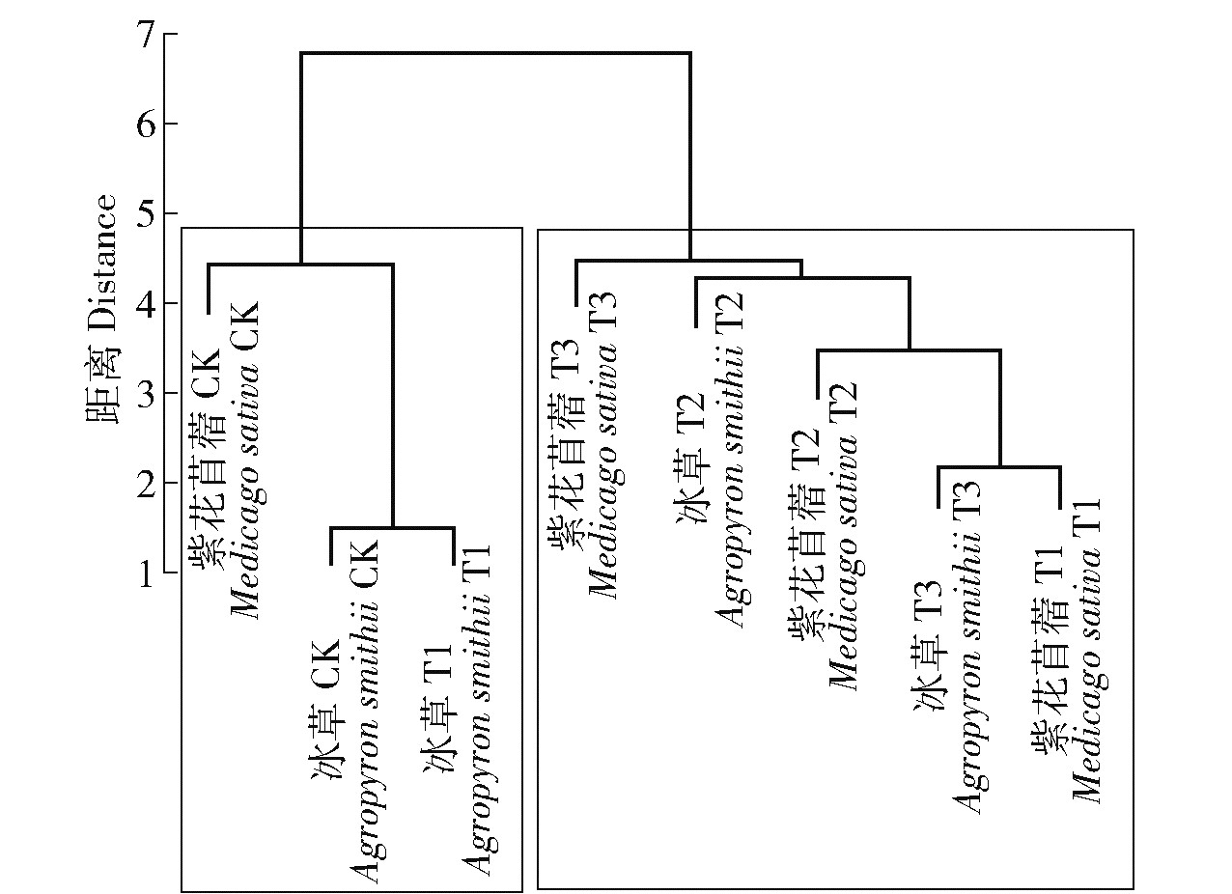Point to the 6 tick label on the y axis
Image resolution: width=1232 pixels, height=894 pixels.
pyautogui.click(x=146, y=125)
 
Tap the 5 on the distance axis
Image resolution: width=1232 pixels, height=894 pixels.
pyautogui.click(x=146, y=214)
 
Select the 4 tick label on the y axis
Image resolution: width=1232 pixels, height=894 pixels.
pyautogui.click(x=146, y=304)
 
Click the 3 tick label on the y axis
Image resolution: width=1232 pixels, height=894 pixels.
pyautogui.click(x=146, y=394)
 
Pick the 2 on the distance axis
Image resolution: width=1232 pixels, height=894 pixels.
pyautogui.click(x=146, y=484)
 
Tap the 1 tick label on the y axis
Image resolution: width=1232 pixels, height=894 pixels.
pyautogui.click(x=146, y=573)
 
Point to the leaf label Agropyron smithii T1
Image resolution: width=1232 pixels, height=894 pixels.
pyautogui.click(x=480, y=710)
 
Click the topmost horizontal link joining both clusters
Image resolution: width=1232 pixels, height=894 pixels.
pyautogui.click(x=495, y=54)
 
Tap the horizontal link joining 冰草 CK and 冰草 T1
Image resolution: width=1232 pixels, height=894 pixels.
pyautogui.click(x=392, y=528)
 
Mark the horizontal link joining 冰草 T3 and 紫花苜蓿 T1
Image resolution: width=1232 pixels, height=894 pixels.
pyautogui.click(x=999, y=467)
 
